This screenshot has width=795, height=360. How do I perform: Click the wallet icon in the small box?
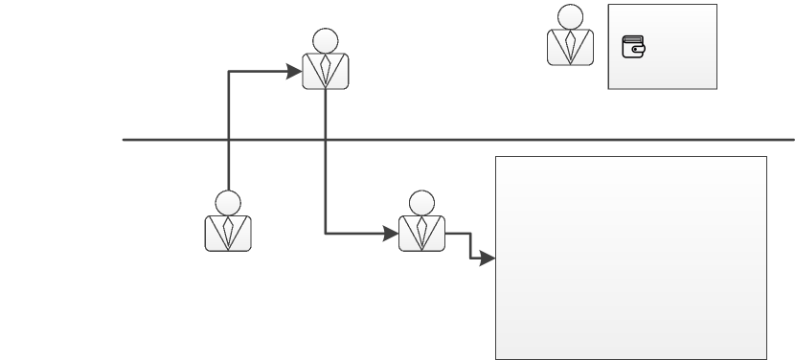[x=634, y=47]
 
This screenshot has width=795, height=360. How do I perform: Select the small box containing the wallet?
[x=675, y=67]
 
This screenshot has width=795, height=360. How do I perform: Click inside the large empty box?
[x=630, y=257]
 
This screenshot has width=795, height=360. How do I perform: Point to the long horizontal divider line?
[x=575, y=140]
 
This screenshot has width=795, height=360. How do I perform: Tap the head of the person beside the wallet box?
[x=570, y=16]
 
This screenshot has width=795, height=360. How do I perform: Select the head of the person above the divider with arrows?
[x=326, y=40]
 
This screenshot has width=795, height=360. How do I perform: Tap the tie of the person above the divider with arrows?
[x=326, y=69]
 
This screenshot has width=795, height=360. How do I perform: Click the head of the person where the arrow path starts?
[x=228, y=203]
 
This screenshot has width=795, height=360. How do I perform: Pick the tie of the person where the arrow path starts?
[x=228, y=232]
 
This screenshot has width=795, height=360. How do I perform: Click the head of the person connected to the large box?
[x=421, y=203]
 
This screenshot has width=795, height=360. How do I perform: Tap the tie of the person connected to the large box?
[x=421, y=232]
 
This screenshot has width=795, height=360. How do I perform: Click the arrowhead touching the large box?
[x=488, y=259]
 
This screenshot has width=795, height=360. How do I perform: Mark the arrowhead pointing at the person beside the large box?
[x=392, y=233]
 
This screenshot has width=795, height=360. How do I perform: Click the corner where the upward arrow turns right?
[x=228, y=71]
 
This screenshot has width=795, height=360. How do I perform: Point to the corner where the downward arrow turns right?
[x=326, y=233]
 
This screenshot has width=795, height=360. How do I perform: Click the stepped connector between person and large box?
[x=469, y=245]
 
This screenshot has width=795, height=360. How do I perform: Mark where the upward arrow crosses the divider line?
[x=228, y=140]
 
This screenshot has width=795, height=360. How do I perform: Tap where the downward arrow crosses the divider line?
[x=326, y=140]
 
